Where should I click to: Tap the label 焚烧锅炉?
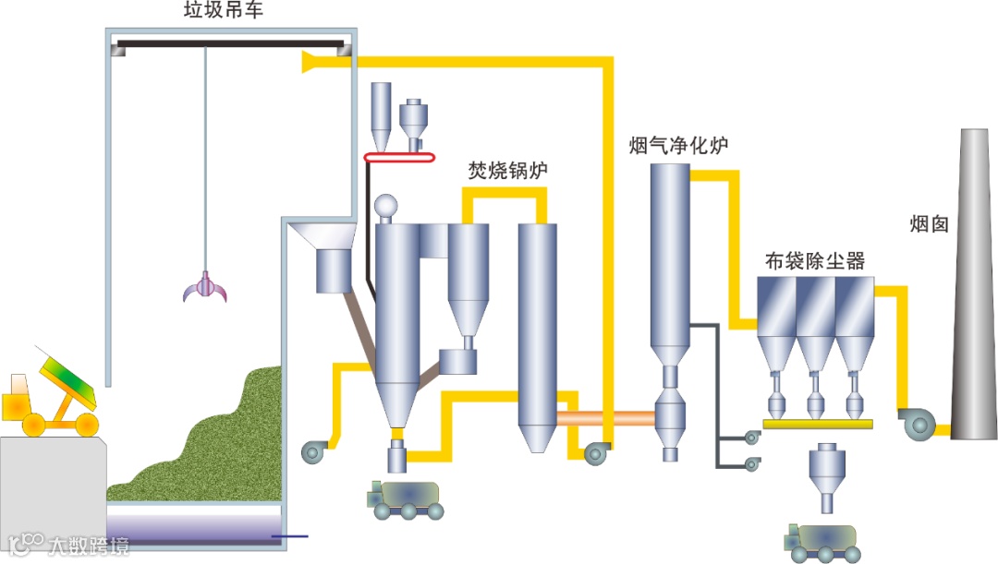pos(508,171)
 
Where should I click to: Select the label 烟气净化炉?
pos(679,145)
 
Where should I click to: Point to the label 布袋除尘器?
pos(815,261)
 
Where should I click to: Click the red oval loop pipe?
pos(399,159)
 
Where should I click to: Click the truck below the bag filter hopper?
pos(820,541)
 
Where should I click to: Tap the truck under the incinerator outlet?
pos(405,499)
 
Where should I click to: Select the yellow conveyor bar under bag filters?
pos(819,425)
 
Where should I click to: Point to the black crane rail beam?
pos(231,42)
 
